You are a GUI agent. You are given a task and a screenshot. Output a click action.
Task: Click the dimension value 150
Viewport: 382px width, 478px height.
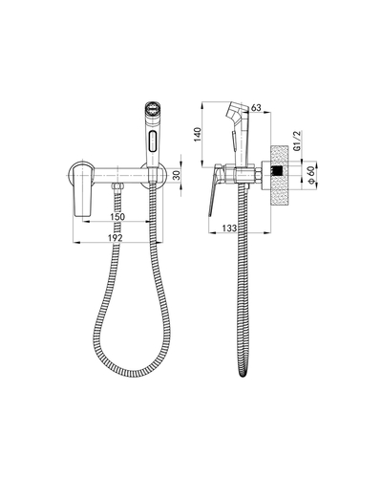117,217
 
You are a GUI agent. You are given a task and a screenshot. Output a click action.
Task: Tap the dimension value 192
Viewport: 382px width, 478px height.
116,238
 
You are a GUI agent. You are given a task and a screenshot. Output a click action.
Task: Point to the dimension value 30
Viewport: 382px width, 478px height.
178,175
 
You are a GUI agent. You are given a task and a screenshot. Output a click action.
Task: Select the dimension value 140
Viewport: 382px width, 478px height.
198,135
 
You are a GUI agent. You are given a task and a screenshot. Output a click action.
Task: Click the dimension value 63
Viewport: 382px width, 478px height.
256,108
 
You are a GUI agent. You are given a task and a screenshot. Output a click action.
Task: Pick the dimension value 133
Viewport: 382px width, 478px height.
229,228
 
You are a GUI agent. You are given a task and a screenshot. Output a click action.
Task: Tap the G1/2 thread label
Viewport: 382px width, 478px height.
297,141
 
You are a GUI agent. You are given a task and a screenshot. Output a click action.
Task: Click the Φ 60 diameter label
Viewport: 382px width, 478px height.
311,175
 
